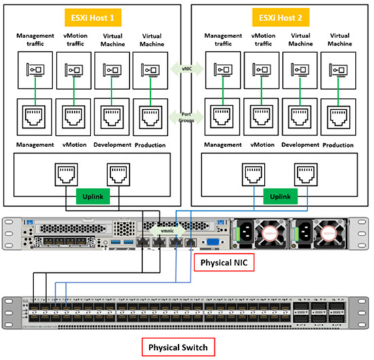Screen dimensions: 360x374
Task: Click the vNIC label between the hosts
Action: pyautogui.click(x=186, y=68)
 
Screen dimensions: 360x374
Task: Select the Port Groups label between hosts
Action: pyautogui.click(x=186, y=116)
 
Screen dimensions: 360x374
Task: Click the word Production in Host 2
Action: pyautogui.click(x=338, y=145)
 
